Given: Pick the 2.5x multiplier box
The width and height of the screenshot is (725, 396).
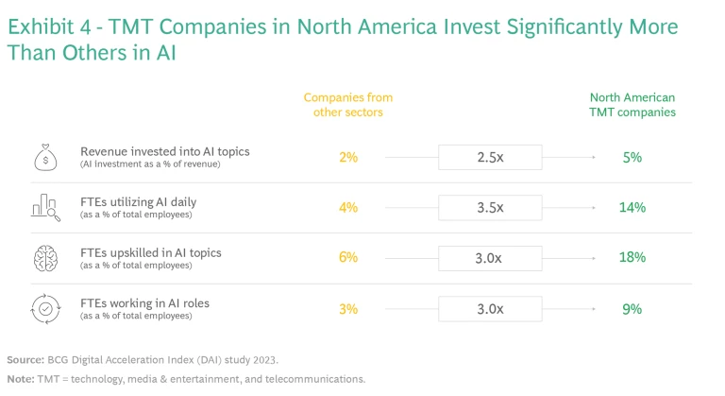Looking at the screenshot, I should pyautogui.click(x=490, y=157).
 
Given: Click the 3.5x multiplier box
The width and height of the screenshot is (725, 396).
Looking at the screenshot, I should pyautogui.click(x=490, y=207).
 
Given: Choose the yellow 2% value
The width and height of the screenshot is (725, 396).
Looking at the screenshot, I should pyautogui.click(x=348, y=157).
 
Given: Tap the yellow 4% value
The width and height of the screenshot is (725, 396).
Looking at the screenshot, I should pyautogui.click(x=348, y=207).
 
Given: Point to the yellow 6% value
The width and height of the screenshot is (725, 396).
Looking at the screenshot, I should pyautogui.click(x=348, y=258).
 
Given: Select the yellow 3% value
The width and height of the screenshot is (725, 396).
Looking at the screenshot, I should pyautogui.click(x=348, y=309).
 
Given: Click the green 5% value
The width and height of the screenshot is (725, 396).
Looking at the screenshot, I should pyautogui.click(x=632, y=157).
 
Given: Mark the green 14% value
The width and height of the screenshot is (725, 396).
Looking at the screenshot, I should pyautogui.click(x=632, y=207).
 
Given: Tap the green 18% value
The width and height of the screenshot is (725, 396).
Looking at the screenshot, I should pyautogui.click(x=632, y=258).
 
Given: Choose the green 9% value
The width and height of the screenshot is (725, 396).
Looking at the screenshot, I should pyautogui.click(x=632, y=309).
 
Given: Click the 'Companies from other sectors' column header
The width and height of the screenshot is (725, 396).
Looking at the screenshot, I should pyautogui.click(x=347, y=105).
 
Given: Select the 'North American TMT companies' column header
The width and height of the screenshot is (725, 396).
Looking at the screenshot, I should pyautogui.click(x=632, y=105).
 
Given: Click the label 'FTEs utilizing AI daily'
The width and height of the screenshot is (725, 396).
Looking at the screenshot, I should pyautogui.click(x=138, y=201).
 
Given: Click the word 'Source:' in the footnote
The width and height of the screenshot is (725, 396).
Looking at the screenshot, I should pyautogui.click(x=25, y=360).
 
